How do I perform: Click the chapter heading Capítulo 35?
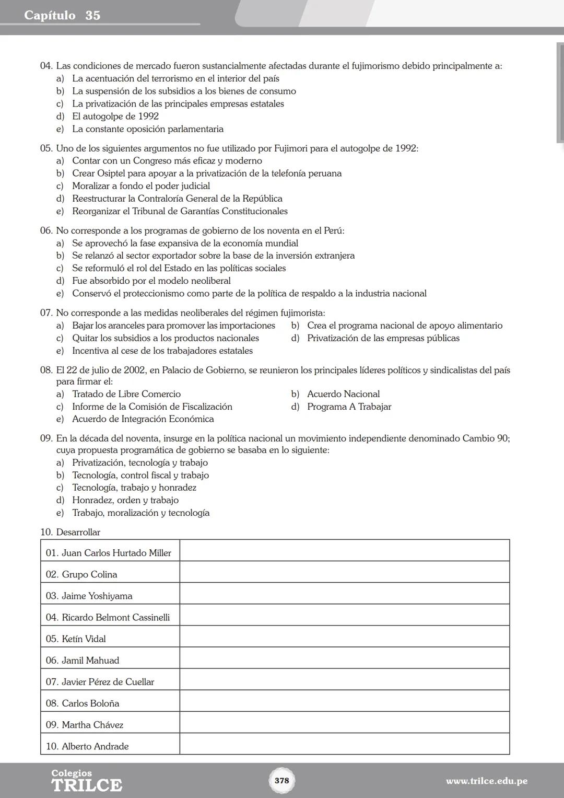[62, 16]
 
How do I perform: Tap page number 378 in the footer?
[281, 780]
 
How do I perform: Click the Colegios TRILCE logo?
[86, 781]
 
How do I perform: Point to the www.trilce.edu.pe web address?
[486, 781]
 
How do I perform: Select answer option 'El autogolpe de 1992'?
[115, 116]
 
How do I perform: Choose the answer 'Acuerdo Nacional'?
[343, 394]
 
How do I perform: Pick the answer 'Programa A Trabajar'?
[349, 407]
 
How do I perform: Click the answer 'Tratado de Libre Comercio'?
[126, 394]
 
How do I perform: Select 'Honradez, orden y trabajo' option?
[125, 500]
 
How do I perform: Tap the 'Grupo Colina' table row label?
[89, 574]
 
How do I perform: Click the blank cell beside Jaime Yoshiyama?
[344, 594]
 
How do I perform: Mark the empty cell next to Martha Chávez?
[344, 722]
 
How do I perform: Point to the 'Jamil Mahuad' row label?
[90, 660]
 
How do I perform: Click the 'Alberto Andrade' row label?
[95, 746]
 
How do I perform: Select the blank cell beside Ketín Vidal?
[344, 637]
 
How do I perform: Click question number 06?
[46, 230]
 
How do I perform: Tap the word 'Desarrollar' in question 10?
[78, 532]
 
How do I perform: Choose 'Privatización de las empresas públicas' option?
[383, 338]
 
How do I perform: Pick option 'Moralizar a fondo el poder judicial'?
[140, 186]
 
